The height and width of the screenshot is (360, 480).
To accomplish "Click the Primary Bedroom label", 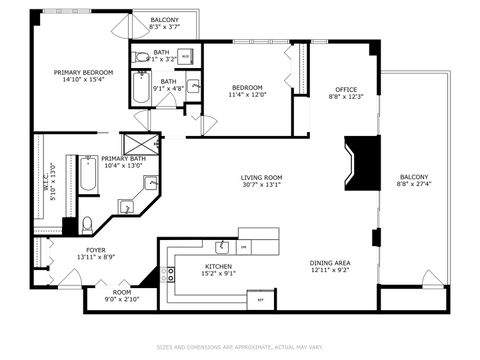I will [84, 72].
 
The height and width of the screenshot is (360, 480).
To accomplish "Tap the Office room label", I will [346, 89].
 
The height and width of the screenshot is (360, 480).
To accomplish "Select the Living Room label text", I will [261, 178].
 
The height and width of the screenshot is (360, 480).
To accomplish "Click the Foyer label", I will [95, 250].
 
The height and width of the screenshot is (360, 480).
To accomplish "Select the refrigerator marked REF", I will [262, 298].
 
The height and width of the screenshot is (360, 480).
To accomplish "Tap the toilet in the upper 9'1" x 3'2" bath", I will [142, 57].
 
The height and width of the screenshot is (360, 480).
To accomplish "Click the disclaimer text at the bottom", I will [240, 347].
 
